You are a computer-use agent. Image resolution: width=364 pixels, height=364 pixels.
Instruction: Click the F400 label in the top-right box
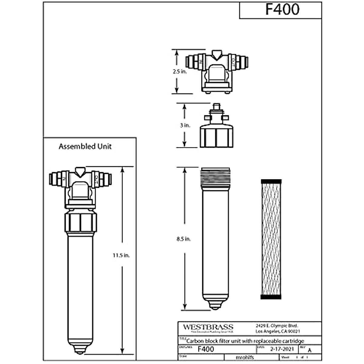click(x=282, y=9)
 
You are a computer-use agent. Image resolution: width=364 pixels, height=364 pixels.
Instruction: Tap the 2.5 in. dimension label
click(x=180, y=72)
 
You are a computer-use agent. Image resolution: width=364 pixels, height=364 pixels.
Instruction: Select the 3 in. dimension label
click(x=185, y=125)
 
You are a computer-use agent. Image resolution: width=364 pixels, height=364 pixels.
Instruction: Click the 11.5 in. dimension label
click(x=121, y=255)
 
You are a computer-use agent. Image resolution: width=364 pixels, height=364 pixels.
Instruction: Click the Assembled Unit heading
click(x=85, y=147)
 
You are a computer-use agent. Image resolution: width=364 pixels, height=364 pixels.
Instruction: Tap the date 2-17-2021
click(x=282, y=349)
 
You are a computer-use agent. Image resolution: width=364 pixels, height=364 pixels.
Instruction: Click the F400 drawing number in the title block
click(x=206, y=349)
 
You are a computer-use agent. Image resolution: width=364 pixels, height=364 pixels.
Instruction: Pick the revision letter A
click(x=309, y=350)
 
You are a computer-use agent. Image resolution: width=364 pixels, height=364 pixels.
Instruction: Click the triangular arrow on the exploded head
click(x=217, y=55)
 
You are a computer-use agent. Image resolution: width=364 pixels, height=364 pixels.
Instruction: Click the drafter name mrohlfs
click(x=244, y=357)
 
